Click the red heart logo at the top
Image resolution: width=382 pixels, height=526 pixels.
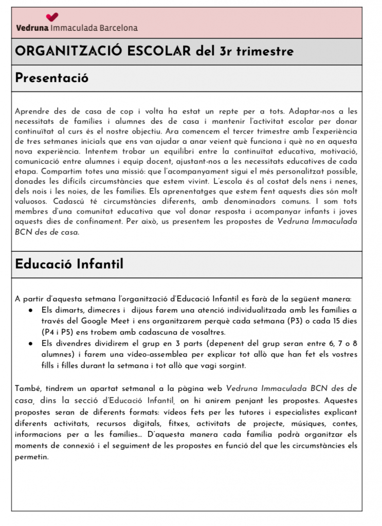pyautogui.click(x=52, y=17)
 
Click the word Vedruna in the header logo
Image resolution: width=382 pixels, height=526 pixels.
pyautogui.click(x=32, y=28)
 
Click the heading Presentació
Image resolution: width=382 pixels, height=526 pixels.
pyautogui.click(x=51, y=78)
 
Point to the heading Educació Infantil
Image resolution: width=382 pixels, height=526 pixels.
pyautogui.click(x=69, y=264)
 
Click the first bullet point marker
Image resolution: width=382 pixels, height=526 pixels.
pyautogui.click(x=31, y=311)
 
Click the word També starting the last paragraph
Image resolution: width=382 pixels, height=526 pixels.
pyautogui.click(x=27, y=388)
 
